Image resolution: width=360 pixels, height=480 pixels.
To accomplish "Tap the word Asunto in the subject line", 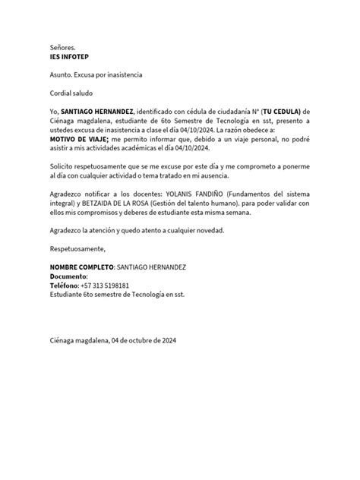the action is click(63, 75).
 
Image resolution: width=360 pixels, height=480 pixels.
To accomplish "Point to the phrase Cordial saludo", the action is click(74, 93).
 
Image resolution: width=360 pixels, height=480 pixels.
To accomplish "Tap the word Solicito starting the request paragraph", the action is click(64, 166).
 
